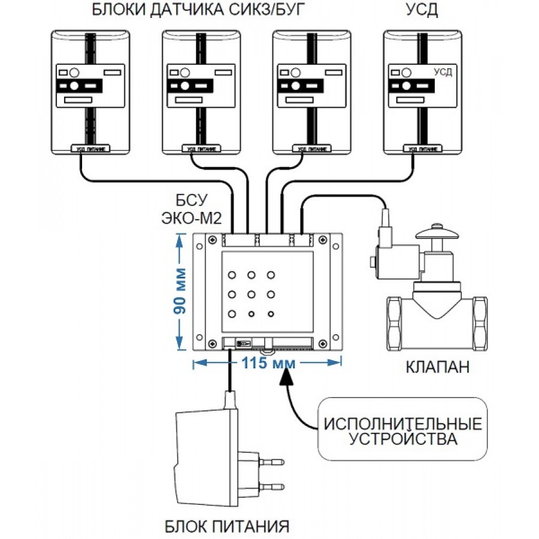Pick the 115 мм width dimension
267,363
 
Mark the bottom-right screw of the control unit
322,343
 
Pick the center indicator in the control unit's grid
252,294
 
